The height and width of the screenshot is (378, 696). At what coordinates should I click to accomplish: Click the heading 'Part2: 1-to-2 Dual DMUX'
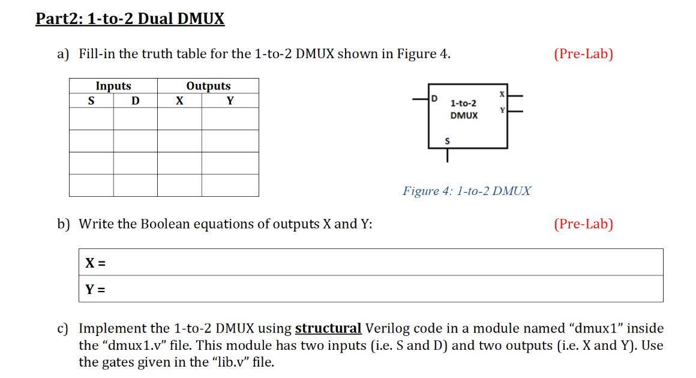[130, 19]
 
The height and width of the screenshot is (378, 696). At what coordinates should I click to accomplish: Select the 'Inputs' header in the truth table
[113, 86]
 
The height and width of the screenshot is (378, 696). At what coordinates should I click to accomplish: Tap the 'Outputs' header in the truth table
[208, 86]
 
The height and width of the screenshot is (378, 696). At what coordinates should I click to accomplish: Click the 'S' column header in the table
[91, 100]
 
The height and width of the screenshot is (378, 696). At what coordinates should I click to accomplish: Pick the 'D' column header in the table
[136, 100]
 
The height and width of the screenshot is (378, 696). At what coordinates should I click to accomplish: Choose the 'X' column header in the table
[179, 100]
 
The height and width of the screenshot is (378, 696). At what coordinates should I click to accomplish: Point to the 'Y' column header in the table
[230, 100]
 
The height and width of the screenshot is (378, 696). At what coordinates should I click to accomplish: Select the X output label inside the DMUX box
[502, 94]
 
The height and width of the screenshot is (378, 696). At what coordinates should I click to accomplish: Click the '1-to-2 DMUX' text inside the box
[464, 109]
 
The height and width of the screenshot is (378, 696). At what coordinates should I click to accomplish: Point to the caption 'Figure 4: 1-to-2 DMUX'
[467, 191]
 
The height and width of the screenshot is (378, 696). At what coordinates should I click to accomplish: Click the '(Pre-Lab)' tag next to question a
[583, 54]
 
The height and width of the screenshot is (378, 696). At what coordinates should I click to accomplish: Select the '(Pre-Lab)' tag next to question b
[583, 224]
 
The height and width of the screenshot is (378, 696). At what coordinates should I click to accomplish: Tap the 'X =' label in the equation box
[96, 263]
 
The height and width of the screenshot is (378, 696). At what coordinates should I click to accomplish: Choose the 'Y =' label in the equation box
[96, 290]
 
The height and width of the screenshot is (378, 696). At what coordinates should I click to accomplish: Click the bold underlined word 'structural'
[328, 328]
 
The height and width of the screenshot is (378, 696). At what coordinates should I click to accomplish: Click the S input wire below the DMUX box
[447, 156]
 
